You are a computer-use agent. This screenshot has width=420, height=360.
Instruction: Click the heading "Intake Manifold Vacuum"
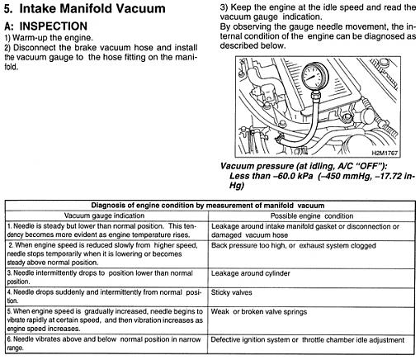pos(92,8)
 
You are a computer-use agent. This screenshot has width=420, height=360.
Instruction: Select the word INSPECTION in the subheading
pos(54,26)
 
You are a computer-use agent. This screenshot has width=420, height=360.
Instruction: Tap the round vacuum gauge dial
pos(315,76)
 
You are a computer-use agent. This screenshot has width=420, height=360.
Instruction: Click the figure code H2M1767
pos(385,153)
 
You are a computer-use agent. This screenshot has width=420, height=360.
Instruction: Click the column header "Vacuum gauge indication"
pos(104,216)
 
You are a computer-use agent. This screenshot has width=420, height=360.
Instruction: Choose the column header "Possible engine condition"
pos(312,216)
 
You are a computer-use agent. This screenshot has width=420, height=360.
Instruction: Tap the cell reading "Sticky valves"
pos(231,292)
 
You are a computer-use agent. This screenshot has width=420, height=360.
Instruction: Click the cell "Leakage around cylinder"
pos(251,273)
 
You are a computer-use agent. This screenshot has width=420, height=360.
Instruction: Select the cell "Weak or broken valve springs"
pos(259,312)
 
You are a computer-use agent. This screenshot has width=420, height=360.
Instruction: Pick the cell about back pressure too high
pos(294,245)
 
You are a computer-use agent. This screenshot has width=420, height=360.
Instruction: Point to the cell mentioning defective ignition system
pos(308,340)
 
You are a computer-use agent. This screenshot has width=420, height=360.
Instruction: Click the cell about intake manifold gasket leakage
pos(305,230)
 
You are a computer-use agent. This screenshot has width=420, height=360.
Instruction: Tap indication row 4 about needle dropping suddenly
pos(105,296)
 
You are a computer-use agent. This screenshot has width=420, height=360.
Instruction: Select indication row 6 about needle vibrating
pos(104,343)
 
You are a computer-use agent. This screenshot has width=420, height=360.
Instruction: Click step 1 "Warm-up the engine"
pos(49,37)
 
